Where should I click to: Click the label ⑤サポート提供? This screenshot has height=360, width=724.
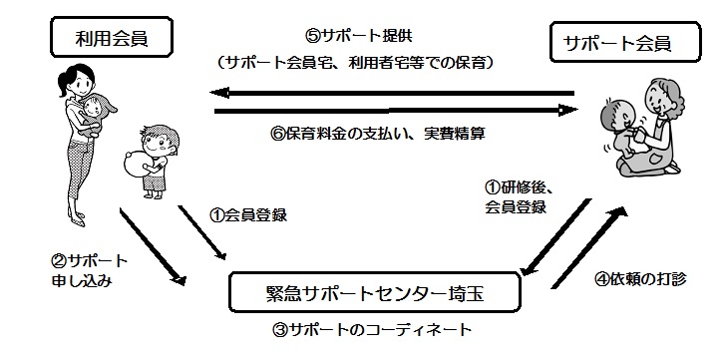(358, 37)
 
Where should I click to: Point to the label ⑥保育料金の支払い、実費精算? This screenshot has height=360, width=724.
(377, 134)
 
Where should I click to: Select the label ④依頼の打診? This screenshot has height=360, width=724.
(639, 279)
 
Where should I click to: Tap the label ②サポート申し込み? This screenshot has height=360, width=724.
(89, 271)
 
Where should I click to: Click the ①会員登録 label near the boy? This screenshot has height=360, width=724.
(248, 215)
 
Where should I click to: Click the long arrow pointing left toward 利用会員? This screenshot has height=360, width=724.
(392, 93)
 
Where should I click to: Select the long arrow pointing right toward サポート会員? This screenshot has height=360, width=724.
(396, 111)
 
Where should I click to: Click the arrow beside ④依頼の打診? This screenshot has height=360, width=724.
(589, 248)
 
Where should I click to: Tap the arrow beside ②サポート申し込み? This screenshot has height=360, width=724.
(153, 246)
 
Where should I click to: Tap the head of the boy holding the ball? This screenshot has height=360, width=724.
(160, 140)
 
